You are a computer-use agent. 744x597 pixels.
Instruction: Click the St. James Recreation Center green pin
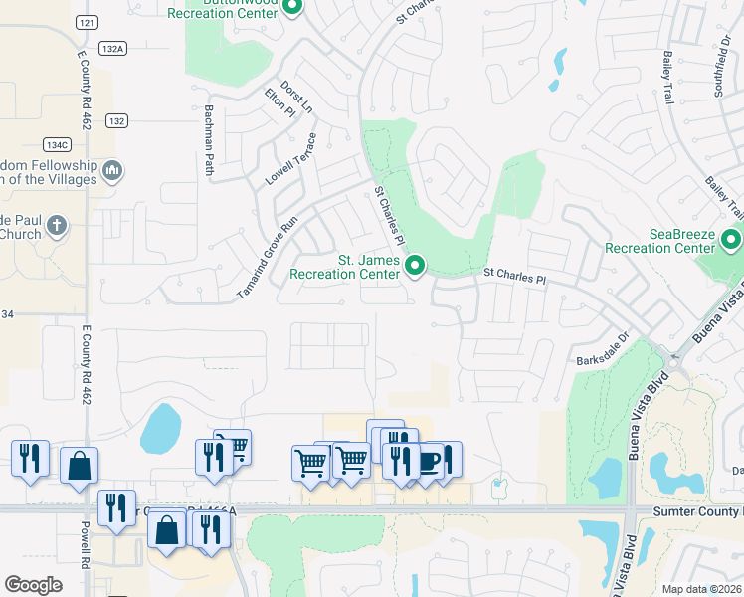[x=417, y=266]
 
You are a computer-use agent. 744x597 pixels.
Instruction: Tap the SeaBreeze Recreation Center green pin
[x=732, y=240]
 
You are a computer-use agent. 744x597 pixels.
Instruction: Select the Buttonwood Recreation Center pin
[x=291, y=9]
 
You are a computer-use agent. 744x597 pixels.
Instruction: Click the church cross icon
[x=57, y=226]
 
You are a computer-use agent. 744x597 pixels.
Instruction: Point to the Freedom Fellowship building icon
[x=112, y=172]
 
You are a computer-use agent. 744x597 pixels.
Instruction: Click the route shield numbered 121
[x=87, y=21]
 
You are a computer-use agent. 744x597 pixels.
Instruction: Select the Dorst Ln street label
[x=297, y=97]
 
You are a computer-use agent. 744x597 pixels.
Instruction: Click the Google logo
[x=34, y=585]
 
